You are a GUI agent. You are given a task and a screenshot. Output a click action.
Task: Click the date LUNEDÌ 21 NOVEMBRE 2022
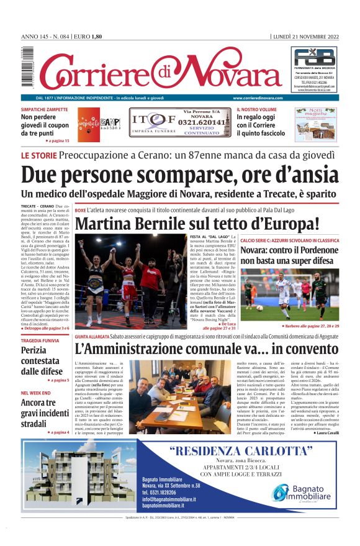point(305,37)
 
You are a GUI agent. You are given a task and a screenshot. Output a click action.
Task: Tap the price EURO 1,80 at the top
point(88,37)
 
